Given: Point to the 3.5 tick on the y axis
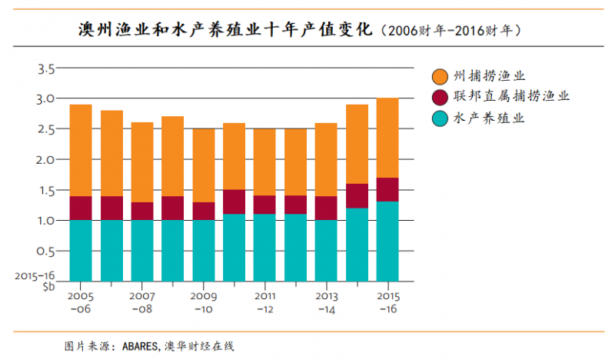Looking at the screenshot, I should click(x=46, y=68).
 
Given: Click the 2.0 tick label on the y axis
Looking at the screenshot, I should click(x=46, y=160).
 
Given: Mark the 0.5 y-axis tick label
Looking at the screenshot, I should click(x=46, y=251).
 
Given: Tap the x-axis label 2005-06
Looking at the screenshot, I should click(x=81, y=302).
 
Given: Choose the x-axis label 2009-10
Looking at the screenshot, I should click(x=204, y=302).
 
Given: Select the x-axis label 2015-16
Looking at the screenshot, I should click(x=387, y=302).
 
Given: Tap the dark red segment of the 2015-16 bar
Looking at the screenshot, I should click(x=387, y=189).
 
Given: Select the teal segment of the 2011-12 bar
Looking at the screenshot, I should click(x=265, y=247).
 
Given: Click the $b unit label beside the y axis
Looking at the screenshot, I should click(x=49, y=286).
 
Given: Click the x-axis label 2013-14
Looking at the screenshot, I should click(x=326, y=302).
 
